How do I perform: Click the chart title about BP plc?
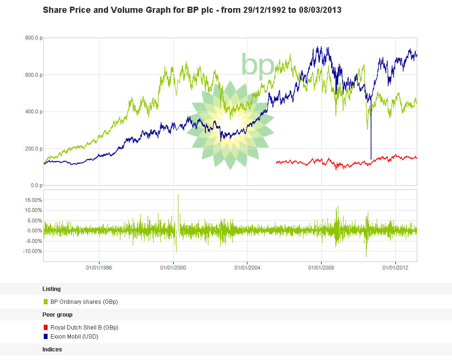pos(192,10)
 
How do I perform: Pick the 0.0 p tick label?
pos(35,185)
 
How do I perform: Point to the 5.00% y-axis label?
pos(33,220)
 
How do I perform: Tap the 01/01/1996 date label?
pos(99,268)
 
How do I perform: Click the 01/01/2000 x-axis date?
pos(173,268)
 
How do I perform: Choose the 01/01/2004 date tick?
pos(247,268)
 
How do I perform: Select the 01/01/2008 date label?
pos(322,268)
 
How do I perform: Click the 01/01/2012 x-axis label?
pos(396,268)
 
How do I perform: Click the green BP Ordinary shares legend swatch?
pos(46,301)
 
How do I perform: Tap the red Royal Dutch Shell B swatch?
pos(46,328)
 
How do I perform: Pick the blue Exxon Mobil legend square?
pos(46,337)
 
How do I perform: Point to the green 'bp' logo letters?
pos(257,65)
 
